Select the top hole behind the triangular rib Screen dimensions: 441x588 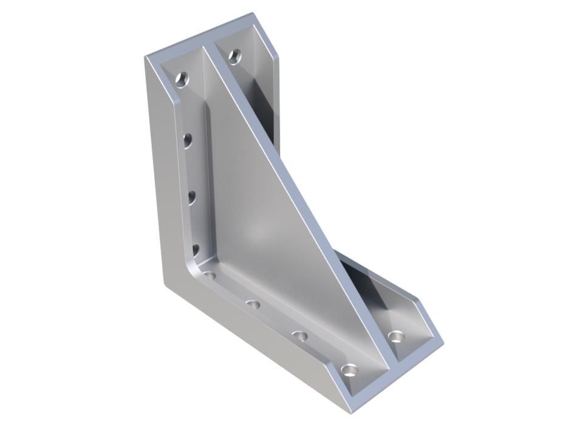234,57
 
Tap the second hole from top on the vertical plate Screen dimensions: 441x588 188,141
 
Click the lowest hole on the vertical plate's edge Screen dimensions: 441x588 196,249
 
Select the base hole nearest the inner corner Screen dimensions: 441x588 210,275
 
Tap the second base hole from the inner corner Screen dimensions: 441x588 254,304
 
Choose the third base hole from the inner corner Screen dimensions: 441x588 299,335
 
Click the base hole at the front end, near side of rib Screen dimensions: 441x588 349,369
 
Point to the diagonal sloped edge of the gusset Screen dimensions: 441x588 285,170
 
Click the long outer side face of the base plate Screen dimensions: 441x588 255,346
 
